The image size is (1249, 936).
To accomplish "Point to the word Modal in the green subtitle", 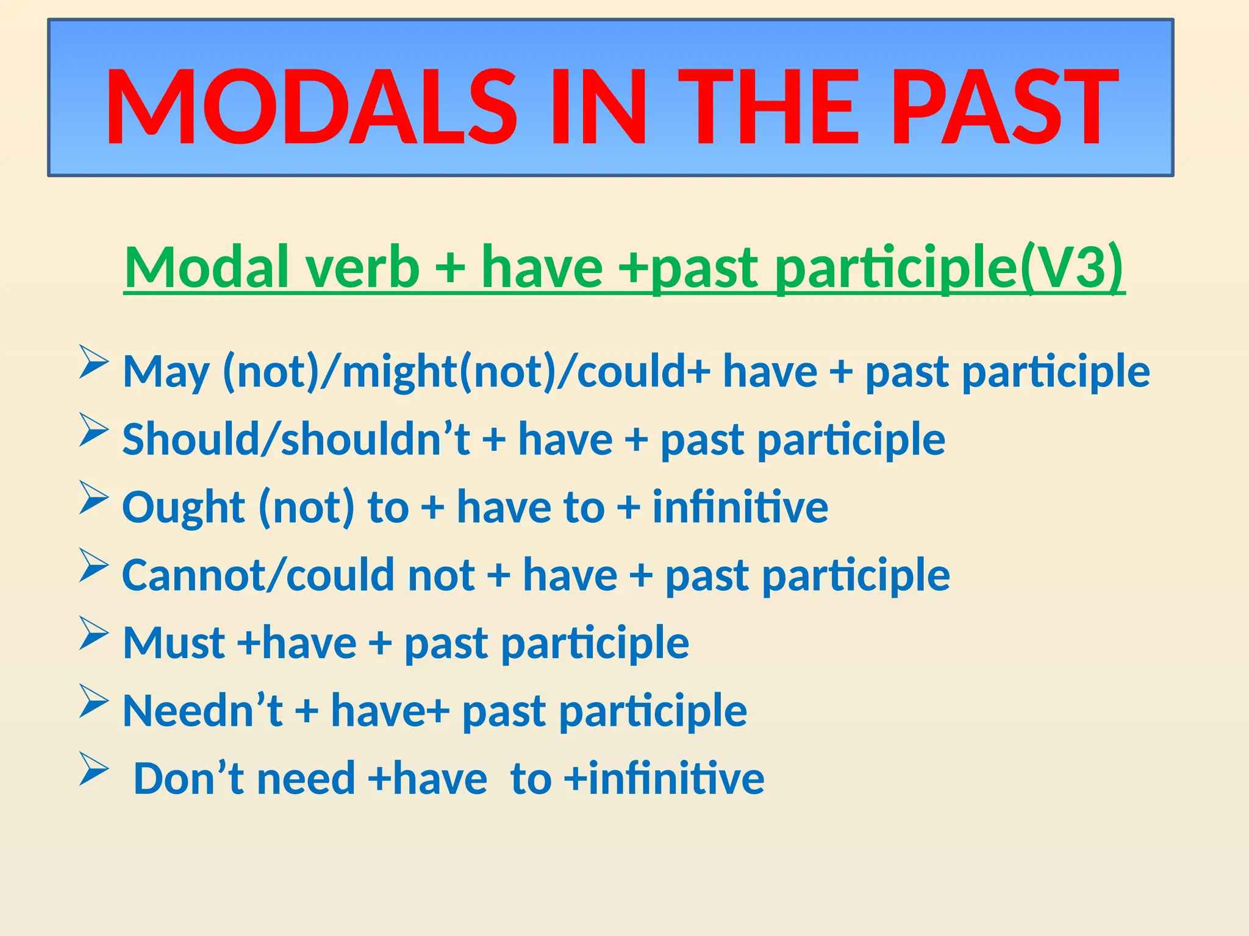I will tap(207, 266).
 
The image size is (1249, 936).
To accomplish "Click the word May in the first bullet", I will tap(166, 372).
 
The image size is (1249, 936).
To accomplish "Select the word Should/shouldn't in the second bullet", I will tap(296, 439).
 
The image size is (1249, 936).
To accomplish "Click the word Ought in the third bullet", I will tap(184, 507).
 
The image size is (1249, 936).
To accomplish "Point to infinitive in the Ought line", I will tap(740, 507).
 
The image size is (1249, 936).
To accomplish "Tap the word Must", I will tap(174, 643).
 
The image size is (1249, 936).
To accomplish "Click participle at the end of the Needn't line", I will tap(653, 712).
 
